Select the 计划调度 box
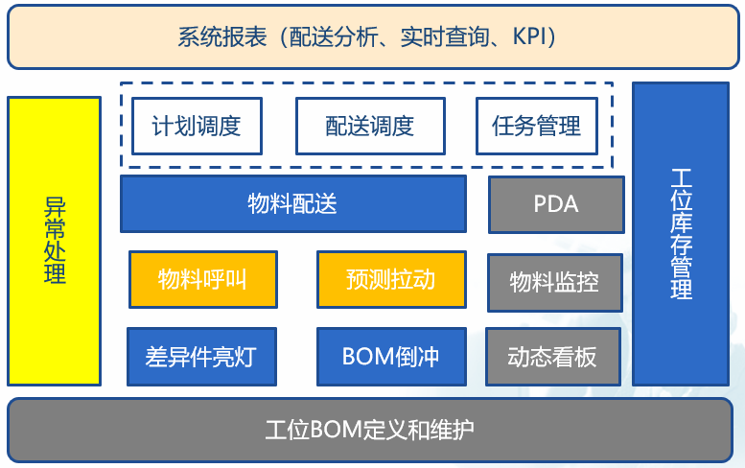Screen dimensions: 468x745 (197, 127)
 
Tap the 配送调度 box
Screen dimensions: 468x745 (369, 127)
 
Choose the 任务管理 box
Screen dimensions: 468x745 (536, 127)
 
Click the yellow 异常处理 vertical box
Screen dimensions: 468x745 (55, 241)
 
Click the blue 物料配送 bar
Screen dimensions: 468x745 (292, 203)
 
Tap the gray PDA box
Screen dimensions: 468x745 (556, 204)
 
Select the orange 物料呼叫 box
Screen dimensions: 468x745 (202, 280)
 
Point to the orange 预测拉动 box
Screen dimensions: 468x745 (391, 280)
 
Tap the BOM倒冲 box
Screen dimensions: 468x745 (390, 357)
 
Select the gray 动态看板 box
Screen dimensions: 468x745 (552, 357)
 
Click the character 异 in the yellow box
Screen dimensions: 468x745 (55, 207)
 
